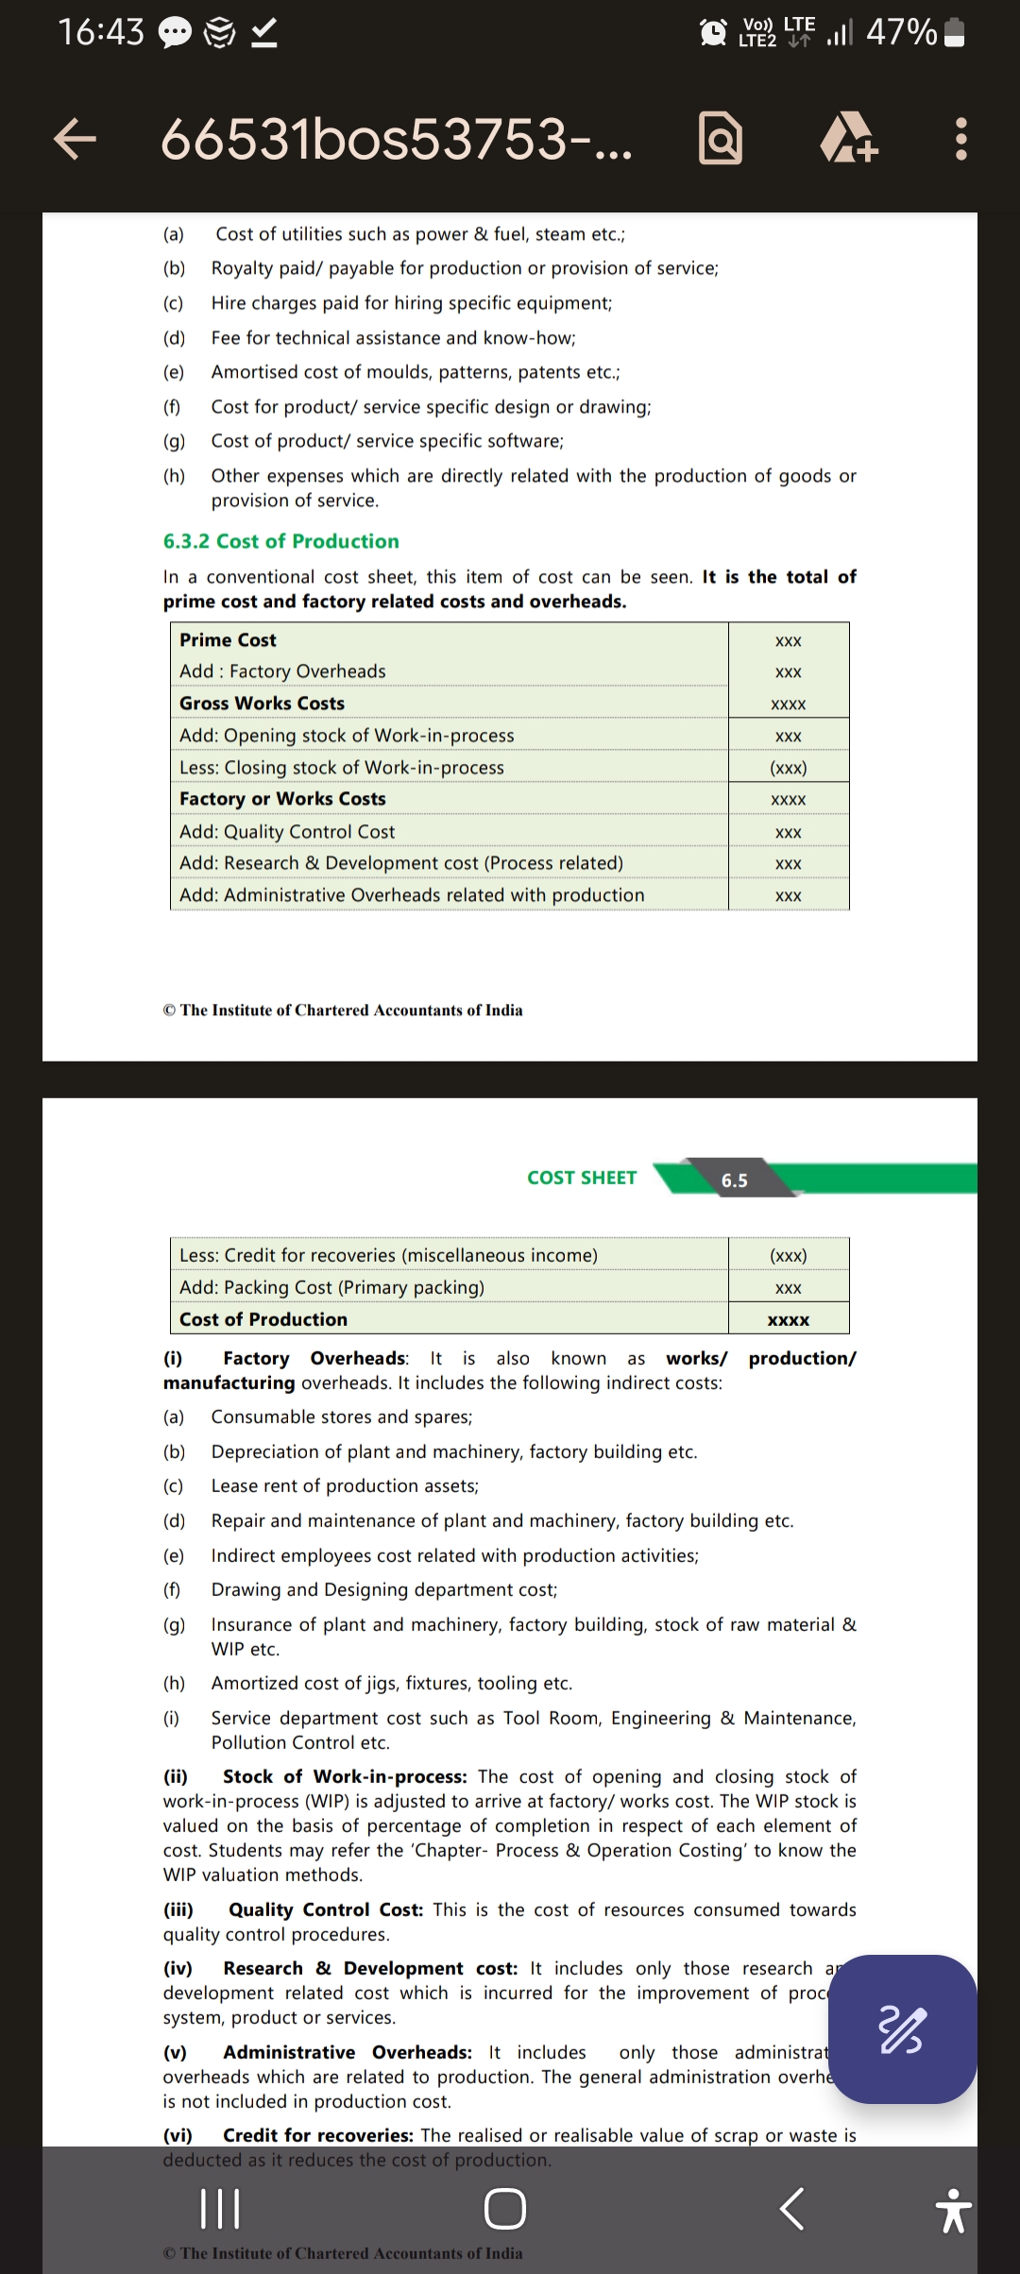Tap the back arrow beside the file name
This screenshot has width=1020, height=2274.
point(76,140)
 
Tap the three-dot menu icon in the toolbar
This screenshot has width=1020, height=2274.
point(960,140)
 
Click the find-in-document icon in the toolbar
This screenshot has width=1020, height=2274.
point(720,140)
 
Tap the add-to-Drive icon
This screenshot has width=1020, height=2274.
point(849,140)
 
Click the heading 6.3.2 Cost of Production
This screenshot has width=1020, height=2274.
point(280,541)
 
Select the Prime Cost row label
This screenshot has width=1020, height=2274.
point(228,640)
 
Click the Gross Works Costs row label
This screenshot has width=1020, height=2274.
point(262,704)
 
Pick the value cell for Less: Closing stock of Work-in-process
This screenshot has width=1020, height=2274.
point(788,768)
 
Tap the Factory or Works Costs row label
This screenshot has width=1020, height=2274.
point(282,799)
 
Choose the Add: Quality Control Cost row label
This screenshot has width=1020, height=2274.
point(287,832)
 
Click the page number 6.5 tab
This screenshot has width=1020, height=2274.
point(734,1180)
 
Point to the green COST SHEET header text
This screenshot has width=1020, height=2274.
point(582,1178)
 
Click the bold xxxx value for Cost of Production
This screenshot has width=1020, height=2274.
point(788,1320)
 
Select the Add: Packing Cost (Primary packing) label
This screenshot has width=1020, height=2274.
point(331,1287)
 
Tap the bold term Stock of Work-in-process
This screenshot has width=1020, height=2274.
point(344,1776)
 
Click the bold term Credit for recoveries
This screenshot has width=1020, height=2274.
point(317,2135)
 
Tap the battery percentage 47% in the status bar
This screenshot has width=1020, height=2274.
point(901,33)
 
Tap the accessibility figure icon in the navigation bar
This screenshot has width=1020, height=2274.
point(952,2210)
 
